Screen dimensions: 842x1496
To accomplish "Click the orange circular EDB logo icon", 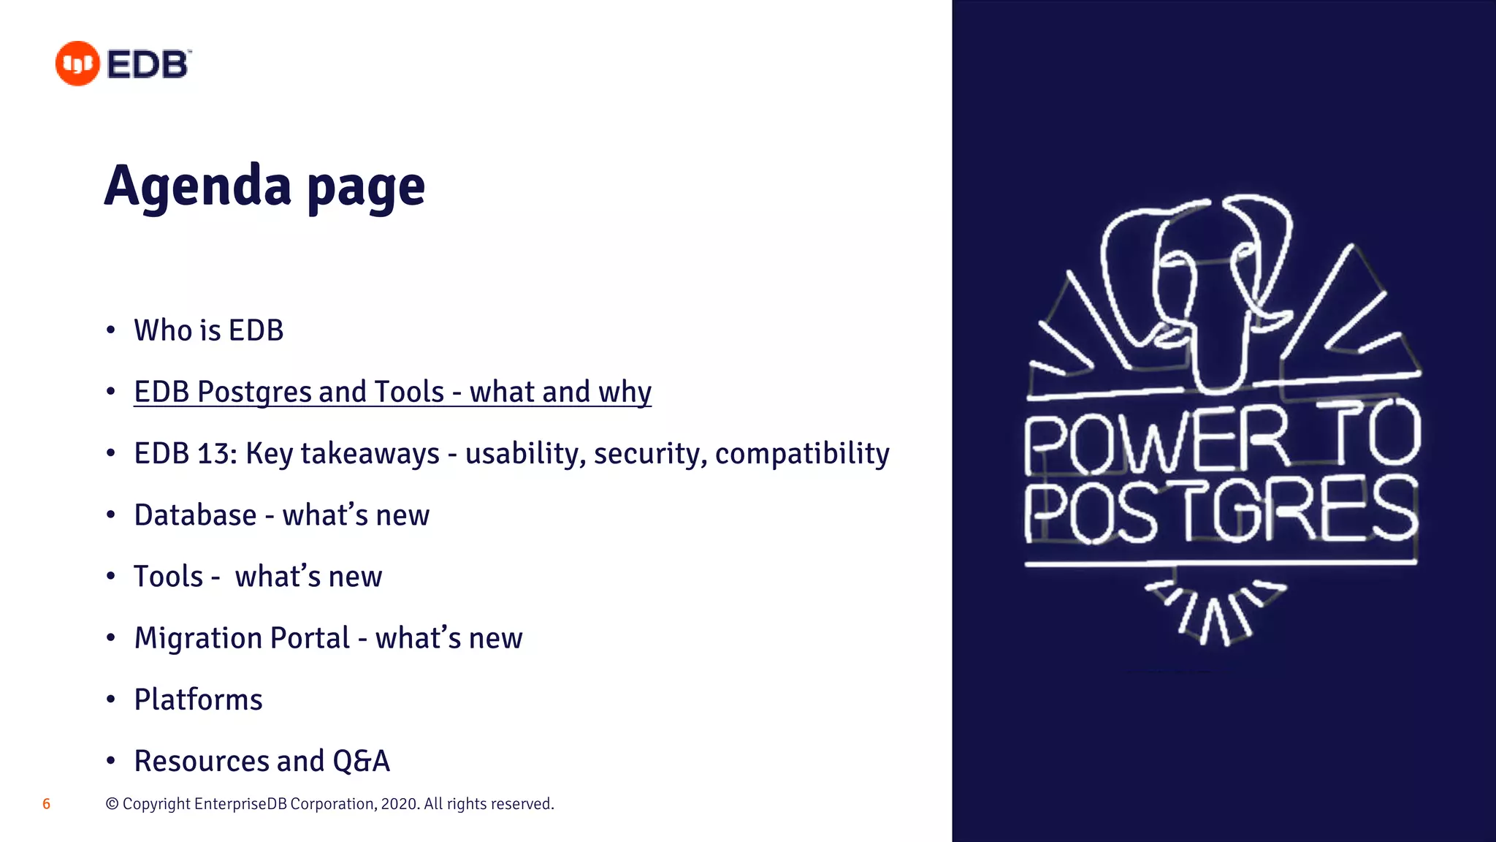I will click(77, 64).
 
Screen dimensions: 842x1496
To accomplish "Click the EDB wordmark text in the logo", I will click(148, 65).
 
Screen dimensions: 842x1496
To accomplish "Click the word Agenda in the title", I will click(198, 186).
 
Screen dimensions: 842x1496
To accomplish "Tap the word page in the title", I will click(366, 189).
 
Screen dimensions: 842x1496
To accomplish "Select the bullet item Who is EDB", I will click(208, 330).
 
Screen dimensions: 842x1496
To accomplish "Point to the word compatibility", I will click(802, 454).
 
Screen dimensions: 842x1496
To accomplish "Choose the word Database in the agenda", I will click(195, 515).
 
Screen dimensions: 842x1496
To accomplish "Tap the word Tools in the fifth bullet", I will click(168, 577).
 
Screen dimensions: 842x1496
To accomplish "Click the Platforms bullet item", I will click(198, 699).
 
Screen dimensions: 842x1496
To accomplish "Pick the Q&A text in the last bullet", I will click(361, 761).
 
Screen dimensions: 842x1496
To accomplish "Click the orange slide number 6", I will click(46, 804).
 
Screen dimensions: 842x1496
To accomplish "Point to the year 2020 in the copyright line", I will click(399, 804).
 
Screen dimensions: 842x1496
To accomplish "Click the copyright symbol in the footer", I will click(112, 804).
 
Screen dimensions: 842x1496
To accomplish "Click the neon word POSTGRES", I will click(1220, 509).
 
